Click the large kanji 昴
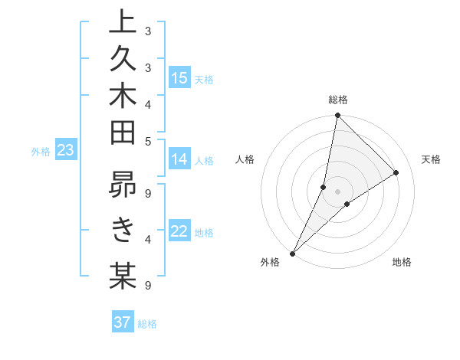(x=123, y=188)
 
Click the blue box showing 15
(x=179, y=77)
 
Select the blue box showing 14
(x=179, y=159)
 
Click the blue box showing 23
(x=65, y=151)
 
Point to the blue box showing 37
(x=123, y=322)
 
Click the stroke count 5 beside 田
(x=148, y=141)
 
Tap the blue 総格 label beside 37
(x=147, y=324)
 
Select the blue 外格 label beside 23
(x=41, y=152)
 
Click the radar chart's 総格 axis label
(x=337, y=100)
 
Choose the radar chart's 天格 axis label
(x=432, y=159)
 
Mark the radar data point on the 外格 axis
(x=292, y=254)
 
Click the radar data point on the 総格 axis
(x=337, y=116)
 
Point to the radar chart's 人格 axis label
(x=245, y=159)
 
